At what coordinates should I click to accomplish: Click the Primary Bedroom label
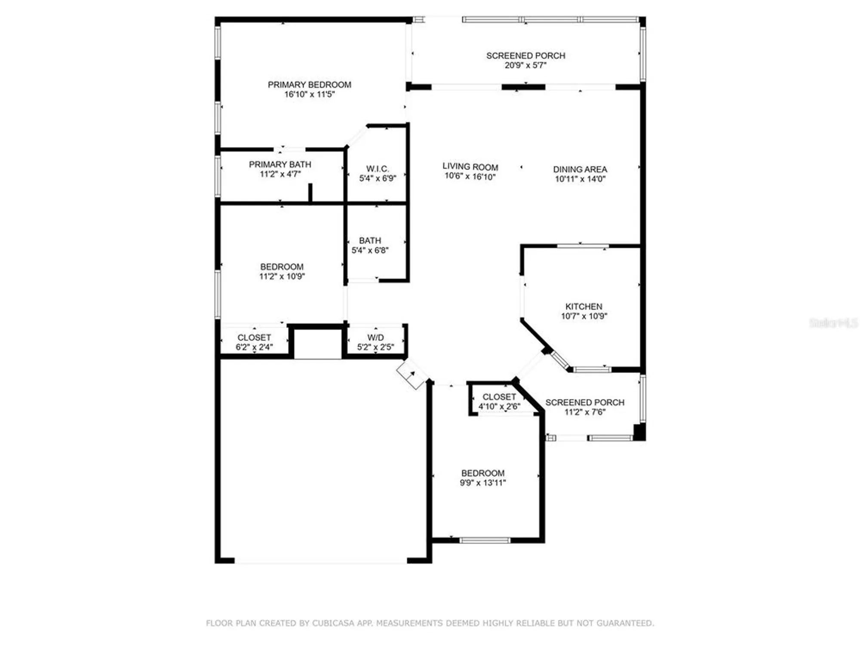pos(309,85)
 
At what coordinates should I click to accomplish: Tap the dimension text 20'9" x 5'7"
pos(525,65)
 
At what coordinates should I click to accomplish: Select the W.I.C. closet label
pos(377,169)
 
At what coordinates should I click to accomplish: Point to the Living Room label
pos(470,167)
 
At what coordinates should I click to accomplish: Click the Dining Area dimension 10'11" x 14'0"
pos(580,179)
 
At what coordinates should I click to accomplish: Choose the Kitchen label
pos(584,307)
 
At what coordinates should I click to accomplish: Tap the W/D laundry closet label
pos(375,338)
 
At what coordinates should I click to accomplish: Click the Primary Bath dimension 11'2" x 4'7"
pos(280,174)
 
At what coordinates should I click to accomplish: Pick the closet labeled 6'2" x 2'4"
pos(254,342)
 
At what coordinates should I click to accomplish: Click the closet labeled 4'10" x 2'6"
pos(499,402)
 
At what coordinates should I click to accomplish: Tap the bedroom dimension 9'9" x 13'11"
pos(483,482)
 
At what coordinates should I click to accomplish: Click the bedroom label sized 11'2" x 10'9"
pos(282,267)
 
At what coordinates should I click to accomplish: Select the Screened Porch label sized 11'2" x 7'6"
pos(585,402)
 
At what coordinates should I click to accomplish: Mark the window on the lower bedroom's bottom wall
pos(485,540)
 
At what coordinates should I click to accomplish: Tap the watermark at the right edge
pos(833,323)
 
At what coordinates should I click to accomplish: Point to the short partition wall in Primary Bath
pos(310,192)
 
